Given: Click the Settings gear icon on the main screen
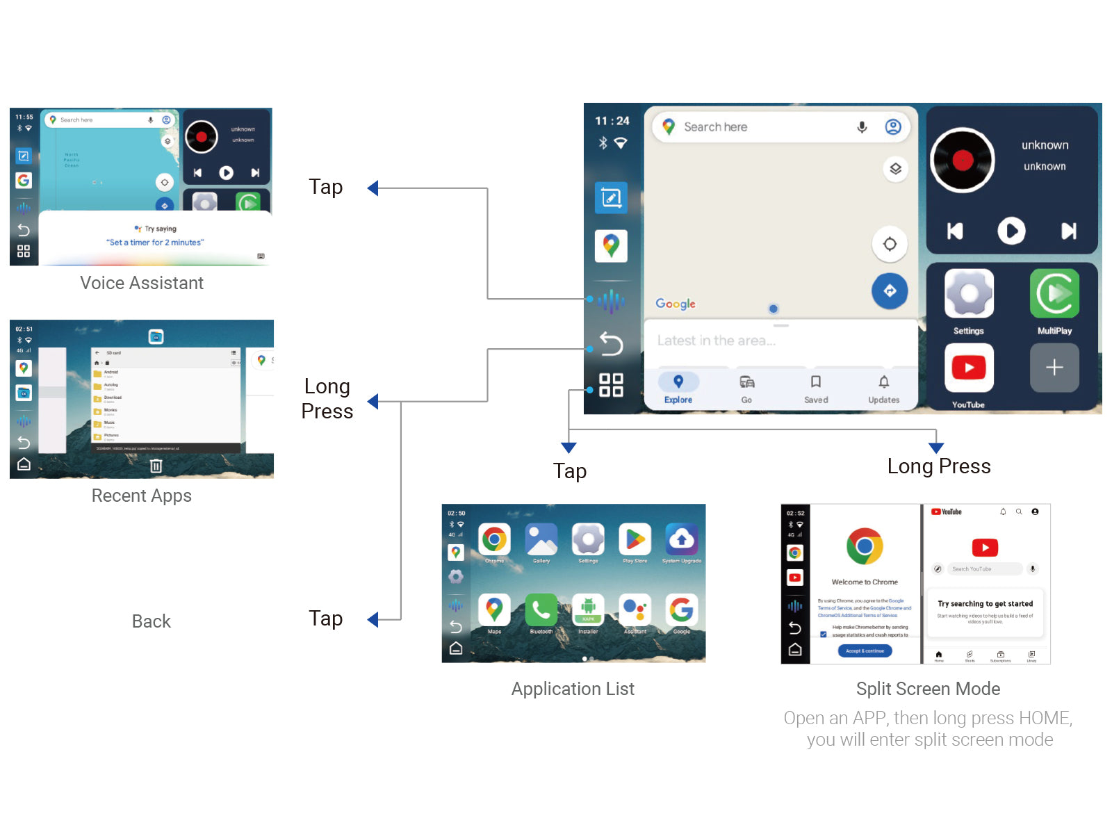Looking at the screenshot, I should pyautogui.click(x=969, y=294).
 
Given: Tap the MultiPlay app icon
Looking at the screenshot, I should pyautogui.click(x=1054, y=294).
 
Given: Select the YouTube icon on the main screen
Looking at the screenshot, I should pyautogui.click(x=969, y=368).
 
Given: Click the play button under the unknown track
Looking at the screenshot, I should pyautogui.click(x=1011, y=231).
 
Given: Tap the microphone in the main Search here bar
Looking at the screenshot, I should pyautogui.click(x=862, y=127).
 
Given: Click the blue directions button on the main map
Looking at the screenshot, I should pyautogui.click(x=890, y=291).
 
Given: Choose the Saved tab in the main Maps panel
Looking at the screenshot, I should pyautogui.click(x=816, y=388).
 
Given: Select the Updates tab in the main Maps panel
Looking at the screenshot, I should pyautogui.click(x=883, y=388).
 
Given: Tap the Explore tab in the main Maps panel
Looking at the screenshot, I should pyautogui.click(x=678, y=388).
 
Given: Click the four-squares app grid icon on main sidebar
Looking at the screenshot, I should pyautogui.click(x=611, y=384).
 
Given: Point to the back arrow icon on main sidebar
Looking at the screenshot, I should pyautogui.click(x=611, y=343).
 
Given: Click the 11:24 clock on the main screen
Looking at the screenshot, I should pyautogui.click(x=612, y=121).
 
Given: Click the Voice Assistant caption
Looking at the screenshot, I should pyautogui.click(x=142, y=283).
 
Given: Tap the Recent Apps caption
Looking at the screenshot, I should pyautogui.click(x=142, y=496).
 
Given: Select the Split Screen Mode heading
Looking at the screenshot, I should pyautogui.click(x=928, y=689).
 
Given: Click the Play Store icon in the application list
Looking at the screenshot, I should pyautogui.click(x=635, y=539).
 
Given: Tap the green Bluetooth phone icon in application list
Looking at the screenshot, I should pyautogui.click(x=541, y=610).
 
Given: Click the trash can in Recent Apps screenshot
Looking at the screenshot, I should pyautogui.click(x=156, y=466).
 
